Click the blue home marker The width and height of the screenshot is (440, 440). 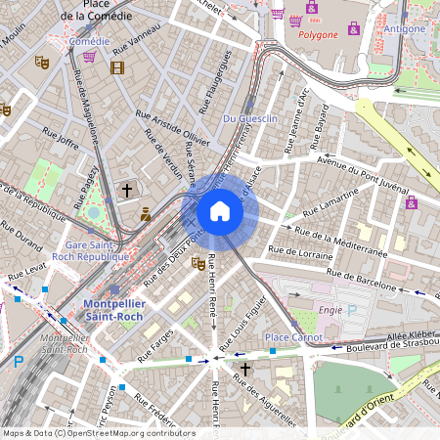coord(220,211)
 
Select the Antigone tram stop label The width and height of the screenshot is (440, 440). coord(405,29)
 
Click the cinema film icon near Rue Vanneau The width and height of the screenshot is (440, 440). coord(117,67)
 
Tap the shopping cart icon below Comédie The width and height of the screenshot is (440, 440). coord(90,57)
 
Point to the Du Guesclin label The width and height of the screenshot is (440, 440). coord(251,118)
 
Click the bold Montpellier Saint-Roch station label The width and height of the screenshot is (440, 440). coord(108,310)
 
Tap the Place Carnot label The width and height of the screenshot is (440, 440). coord(294,337)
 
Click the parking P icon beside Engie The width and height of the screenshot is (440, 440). coord(353,309)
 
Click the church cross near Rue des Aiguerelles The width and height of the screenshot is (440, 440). coord(244,369)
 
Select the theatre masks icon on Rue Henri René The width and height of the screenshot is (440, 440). coord(198,263)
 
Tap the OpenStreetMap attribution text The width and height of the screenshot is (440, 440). coord(98,433)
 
